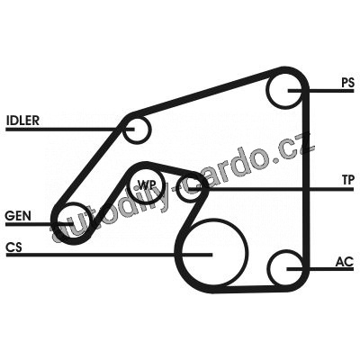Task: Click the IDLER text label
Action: (x=22, y=121)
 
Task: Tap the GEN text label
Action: (x=18, y=216)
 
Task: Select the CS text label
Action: (x=13, y=247)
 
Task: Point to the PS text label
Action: (x=347, y=83)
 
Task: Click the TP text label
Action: (x=348, y=180)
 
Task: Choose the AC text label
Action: (x=345, y=262)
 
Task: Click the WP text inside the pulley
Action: (x=146, y=184)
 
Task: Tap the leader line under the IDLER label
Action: (x=70, y=130)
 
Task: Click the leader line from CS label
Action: (x=109, y=255)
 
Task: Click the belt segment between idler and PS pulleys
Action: (x=204, y=93)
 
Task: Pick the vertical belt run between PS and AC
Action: (x=306, y=180)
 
